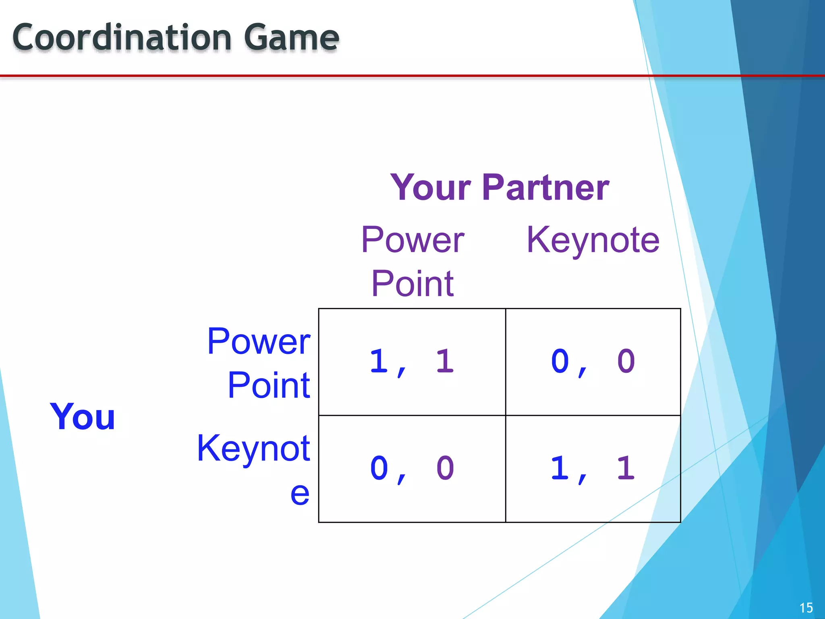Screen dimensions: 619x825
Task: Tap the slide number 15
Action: pyautogui.click(x=806, y=608)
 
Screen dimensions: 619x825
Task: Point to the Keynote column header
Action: pyautogui.click(x=593, y=240)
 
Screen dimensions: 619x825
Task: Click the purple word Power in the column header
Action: pyautogui.click(x=412, y=240)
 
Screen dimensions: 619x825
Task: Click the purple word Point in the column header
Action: pyautogui.click(x=412, y=284)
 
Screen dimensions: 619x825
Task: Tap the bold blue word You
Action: pyautogui.click(x=82, y=417)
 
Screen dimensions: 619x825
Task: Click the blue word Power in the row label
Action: pyautogui.click(x=259, y=342)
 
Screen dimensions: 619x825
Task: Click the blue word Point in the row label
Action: pyautogui.click(x=269, y=386)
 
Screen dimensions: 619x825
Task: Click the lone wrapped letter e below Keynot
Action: pyautogui.click(x=300, y=493)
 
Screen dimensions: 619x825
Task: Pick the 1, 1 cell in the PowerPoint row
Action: pyautogui.click(x=412, y=362)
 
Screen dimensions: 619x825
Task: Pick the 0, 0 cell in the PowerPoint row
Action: pyautogui.click(x=593, y=362)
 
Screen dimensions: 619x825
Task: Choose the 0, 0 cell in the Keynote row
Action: pyautogui.click(x=412, y=469)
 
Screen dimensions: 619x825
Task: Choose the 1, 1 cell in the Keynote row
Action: pyautogui.click(x=593, y=469)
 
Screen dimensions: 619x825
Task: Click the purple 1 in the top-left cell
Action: pyautogui.click(x=445, y=361)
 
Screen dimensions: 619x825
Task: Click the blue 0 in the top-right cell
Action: pyautogui.click(x=560, y=361)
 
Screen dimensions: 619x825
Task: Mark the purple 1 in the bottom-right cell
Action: pyautogui.click(x=626, y=468)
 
